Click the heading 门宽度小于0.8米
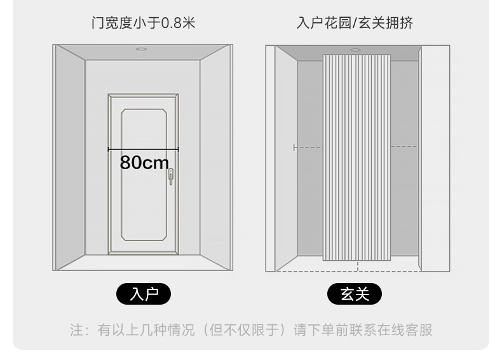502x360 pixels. click(x=143, y=23)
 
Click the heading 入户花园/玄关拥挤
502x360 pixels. click(x=355, y=23)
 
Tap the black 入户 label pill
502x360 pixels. click(x=144, y=294)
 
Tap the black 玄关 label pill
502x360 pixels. click(x=355, y=294)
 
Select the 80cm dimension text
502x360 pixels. click(x=144, y=162)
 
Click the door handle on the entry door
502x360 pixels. click(x=171, y=176)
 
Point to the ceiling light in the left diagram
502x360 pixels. click(x=141, y=49)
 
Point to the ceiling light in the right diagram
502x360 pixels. click(x=355, y=50)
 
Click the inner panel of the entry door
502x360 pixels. click(x=144, y=175)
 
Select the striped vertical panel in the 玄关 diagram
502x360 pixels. click(x=356, y=157)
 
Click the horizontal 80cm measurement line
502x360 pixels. click(x=143, y=149)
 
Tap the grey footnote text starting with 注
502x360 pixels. click(x=251, y=330)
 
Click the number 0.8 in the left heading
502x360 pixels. click(x=172, y=23)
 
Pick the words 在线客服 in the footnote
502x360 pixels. click(x=405, y=330)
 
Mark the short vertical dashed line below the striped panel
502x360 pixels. click(x=358, y=266)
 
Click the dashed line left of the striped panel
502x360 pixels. click(x=308, y=148)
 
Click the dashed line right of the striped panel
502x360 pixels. click(x=404, y=146)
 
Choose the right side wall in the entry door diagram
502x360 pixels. click(x=215, y=157)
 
